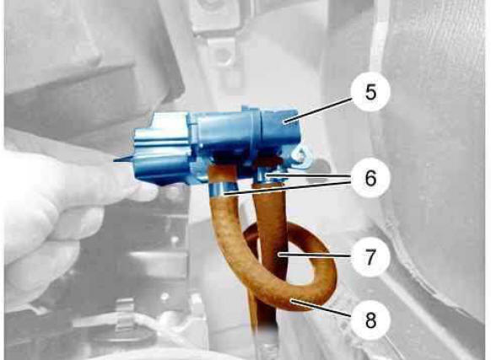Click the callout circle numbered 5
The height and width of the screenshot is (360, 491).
370,91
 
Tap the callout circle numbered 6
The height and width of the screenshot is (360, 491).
370,178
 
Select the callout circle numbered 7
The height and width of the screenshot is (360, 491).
370,257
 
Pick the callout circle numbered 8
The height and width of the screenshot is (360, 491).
370,320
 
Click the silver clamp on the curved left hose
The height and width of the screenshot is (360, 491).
222,190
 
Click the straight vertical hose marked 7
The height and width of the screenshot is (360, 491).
270,250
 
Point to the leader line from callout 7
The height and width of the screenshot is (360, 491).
314,255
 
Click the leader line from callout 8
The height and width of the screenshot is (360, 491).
321,309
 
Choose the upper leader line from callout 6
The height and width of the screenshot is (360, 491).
309,177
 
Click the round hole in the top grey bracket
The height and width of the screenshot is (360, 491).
222,54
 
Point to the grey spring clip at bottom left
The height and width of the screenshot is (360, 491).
125,313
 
